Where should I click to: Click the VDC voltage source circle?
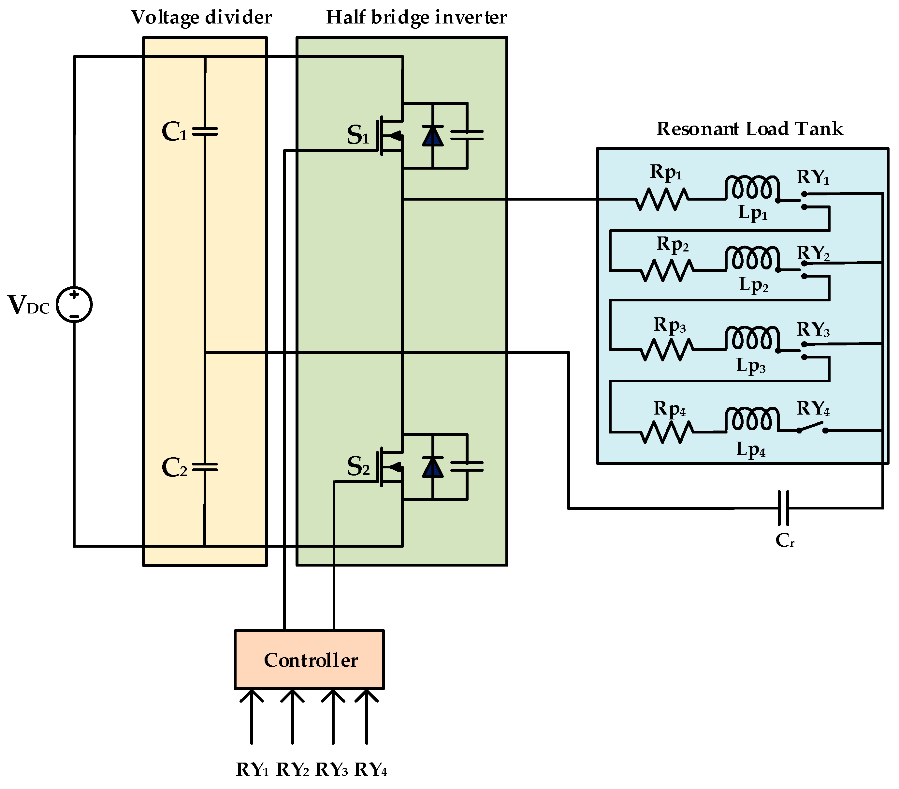click(x=74, y=305)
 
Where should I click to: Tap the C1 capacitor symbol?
click(x=205, y=131)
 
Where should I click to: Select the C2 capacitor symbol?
click(x=205, y=467)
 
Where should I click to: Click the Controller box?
click(x=309, y=660)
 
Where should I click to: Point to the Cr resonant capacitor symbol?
click(x=783, y=508)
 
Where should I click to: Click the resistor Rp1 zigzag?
click(x=661, y=199)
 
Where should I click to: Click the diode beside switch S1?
click(x=432, y=136)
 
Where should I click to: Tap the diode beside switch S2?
click(x=432, y=467)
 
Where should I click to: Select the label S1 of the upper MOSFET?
click(x=357, y=136)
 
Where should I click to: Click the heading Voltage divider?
click(x=201, y=18)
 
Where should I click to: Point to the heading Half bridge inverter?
click(x=416, y=18)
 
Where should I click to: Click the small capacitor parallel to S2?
click(x=467, y=467)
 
